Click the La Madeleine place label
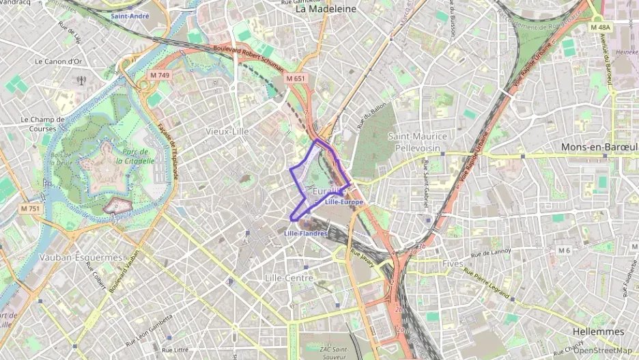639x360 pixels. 326,10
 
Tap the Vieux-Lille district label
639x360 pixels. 227,130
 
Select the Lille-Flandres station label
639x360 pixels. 305,234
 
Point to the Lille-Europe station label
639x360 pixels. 344,203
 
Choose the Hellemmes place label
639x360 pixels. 599,331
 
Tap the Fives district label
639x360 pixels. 452,263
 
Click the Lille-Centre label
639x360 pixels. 288,278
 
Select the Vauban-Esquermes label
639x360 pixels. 81,258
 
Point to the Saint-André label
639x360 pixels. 130,15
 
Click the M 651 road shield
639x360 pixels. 296,79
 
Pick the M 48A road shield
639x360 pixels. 601,27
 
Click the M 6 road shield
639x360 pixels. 564,251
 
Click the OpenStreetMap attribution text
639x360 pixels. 602,350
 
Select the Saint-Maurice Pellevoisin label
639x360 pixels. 417,141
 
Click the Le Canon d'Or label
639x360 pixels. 59,61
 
